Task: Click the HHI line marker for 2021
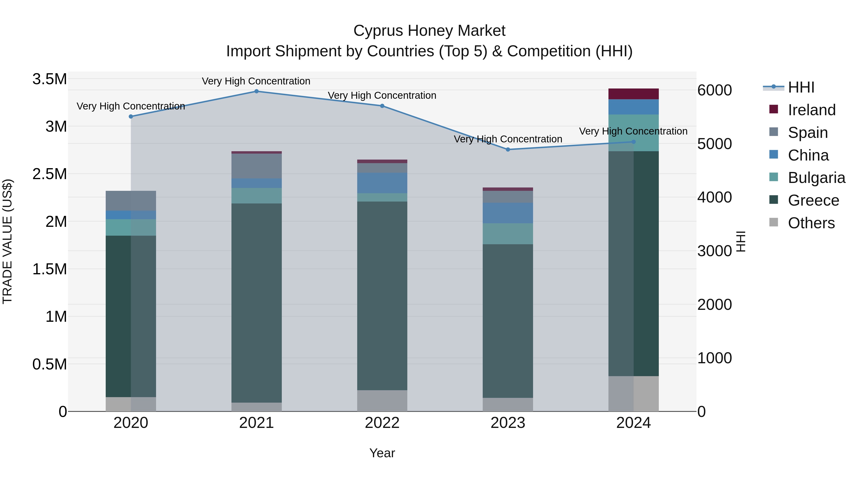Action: click(x=257, y=91)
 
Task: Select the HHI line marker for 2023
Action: click(x=508, y=149)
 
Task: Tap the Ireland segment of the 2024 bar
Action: click(x=633, y=94)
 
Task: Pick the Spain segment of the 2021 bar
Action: click(x=257, y=166)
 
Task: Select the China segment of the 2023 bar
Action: click(x=508, y=213)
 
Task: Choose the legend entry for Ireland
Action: click(x=811, y=110)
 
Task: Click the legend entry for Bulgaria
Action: click(x=816, y=178)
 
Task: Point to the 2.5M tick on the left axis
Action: click(x=50, y=174)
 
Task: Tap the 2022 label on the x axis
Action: click(x=382, y=423)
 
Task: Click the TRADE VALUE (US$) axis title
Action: click(x=7, y=241)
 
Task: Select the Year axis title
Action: click(x=382, y=453)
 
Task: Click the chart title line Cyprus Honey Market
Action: click(x=429, y=31)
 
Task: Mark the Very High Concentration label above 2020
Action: click(x=131, y=106)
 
